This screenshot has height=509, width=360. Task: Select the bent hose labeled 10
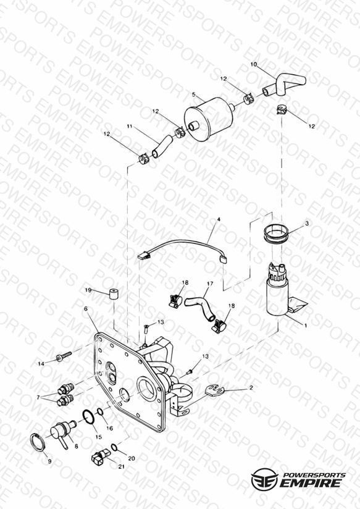(282, 85)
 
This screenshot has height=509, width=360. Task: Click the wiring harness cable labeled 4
(182, 246)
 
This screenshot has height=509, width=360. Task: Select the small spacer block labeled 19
(114, 294)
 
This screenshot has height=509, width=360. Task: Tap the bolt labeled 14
(64, 356)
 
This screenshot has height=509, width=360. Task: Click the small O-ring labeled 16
(100, 411)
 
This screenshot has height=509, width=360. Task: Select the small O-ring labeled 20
(114, 447)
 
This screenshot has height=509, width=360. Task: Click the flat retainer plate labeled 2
(215, 390)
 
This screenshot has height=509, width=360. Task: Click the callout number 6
(86, 308)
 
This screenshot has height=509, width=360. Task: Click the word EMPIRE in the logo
(310, 482)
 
